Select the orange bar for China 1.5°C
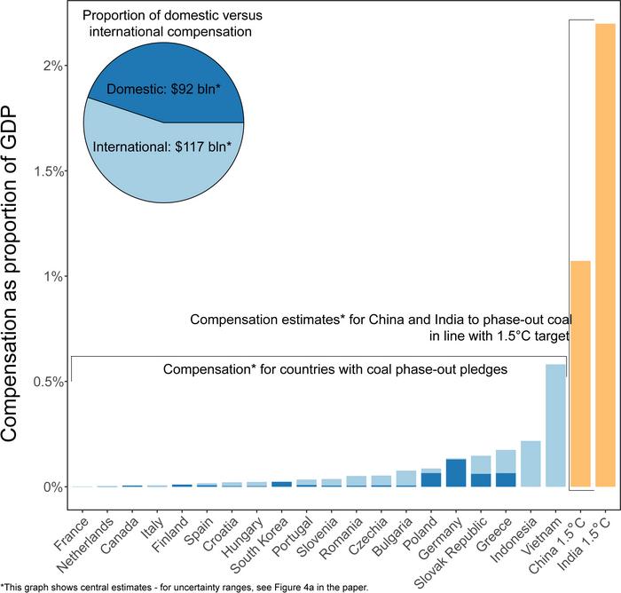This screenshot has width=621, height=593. click(x=580, y=373)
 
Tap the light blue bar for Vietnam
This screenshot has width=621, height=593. click(x=555, y=425)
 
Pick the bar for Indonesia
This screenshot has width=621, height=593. click(x=531, y=463)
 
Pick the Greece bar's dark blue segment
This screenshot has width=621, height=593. click(x=506, y=479)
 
